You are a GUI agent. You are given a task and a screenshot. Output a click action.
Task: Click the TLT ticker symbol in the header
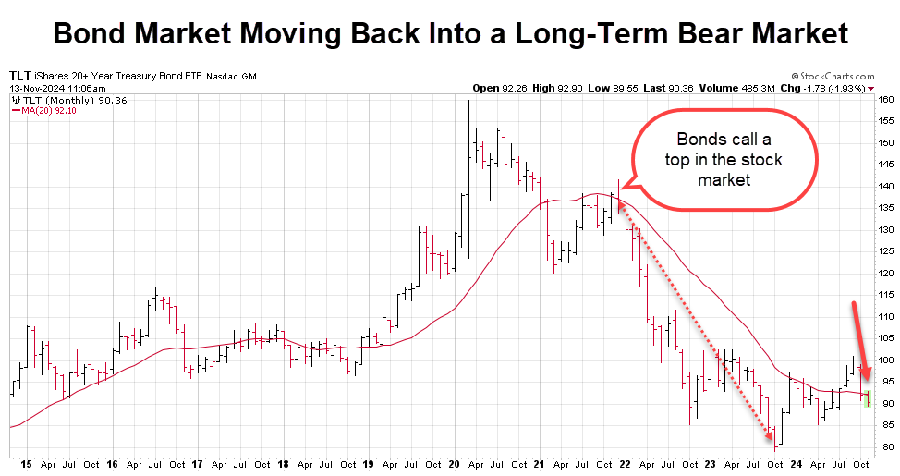click(x=19, y=75)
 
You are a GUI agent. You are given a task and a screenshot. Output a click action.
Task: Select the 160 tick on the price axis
click(x=885, y=100)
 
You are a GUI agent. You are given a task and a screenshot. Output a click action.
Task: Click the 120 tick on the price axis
click(x=885, y=274)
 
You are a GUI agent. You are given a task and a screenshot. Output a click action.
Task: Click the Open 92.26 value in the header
click(x=500, y=88)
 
